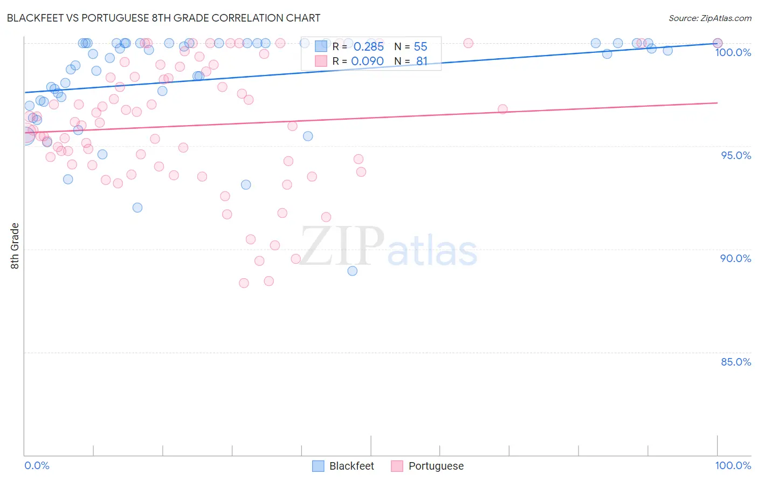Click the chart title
(x=163, y=18)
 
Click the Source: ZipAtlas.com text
(x=709, y=18)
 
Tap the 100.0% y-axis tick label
(x=733, y=52)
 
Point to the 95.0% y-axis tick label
(x=736, y=155)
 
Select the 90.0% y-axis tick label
(x=735, y=258)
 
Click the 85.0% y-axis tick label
(x=735, y=362)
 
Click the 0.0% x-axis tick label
(x=37, y=465)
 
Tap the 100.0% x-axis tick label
(x=733, y=465)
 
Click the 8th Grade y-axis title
(x=15, y=245)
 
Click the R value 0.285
(x=368, y=46)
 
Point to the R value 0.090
(x=367, y=61)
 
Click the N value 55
(x=421, y=46)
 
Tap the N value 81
(x=422, y=61)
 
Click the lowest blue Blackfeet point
(x=353, y=271)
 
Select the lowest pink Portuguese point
(x=244, y=283)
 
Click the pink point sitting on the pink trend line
(x=502, y=109)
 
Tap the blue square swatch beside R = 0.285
(x=321, y=46)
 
